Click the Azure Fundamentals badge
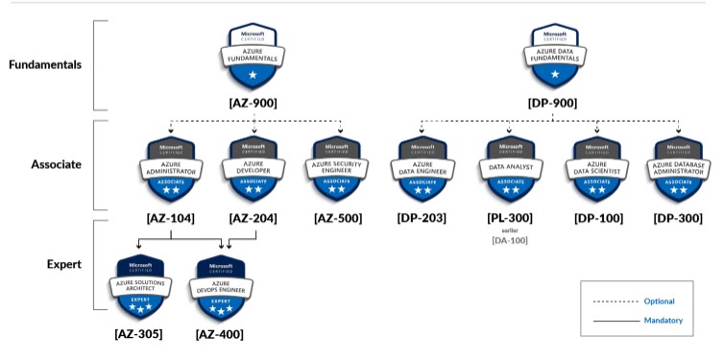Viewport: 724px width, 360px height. click(253, 55)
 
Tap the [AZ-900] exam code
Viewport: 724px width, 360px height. click(253, 102)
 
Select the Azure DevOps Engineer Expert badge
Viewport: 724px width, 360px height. click(219, 288)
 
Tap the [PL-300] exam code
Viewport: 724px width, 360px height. click(509, 218)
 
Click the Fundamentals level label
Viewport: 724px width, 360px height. click(46, 65)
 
